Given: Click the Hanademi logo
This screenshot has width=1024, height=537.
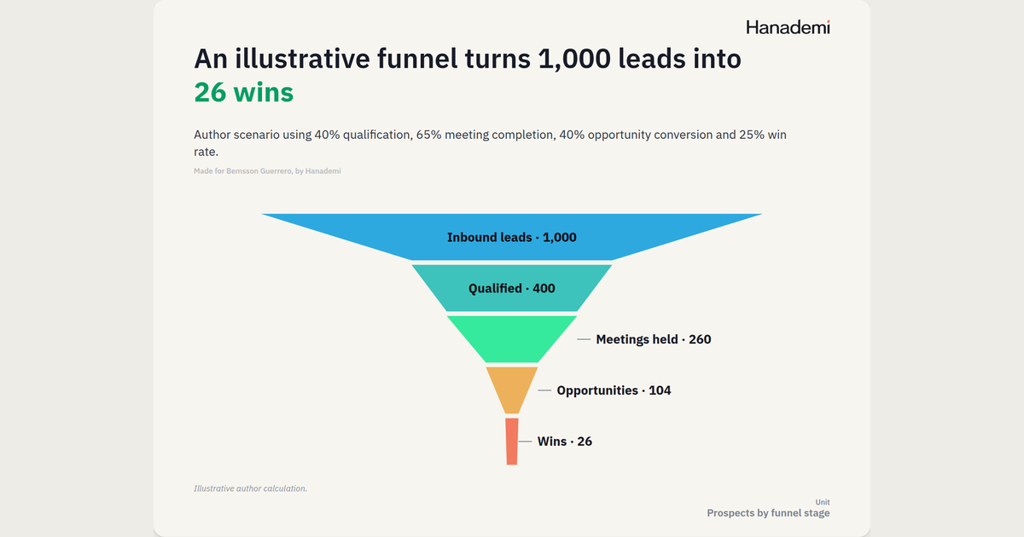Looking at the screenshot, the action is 788,27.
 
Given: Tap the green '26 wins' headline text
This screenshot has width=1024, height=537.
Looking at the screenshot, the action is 244,92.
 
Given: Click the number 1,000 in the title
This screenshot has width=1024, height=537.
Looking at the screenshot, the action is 574,59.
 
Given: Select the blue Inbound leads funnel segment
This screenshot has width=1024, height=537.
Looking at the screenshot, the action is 511,237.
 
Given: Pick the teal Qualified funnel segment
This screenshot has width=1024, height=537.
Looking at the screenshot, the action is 511,288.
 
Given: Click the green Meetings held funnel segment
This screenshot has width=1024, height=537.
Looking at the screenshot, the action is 511,339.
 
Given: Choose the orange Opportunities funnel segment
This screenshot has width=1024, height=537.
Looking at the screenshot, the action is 511,390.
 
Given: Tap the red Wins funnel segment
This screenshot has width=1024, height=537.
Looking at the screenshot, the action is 512,442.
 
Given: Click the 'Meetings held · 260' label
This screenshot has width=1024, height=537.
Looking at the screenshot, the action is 654,339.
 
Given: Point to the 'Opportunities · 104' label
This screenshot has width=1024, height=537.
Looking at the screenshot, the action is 614,390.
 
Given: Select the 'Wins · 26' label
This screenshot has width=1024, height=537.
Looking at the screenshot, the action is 565,442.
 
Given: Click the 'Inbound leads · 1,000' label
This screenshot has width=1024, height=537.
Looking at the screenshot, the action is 511,238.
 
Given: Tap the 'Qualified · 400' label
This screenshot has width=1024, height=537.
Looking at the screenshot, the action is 511,289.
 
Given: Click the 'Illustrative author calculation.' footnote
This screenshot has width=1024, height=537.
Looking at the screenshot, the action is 251,488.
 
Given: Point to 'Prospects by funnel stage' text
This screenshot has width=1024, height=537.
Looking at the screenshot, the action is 768,513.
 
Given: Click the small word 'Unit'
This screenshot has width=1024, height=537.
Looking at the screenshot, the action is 823,502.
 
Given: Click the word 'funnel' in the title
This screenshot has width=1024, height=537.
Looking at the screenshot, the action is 417,59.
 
